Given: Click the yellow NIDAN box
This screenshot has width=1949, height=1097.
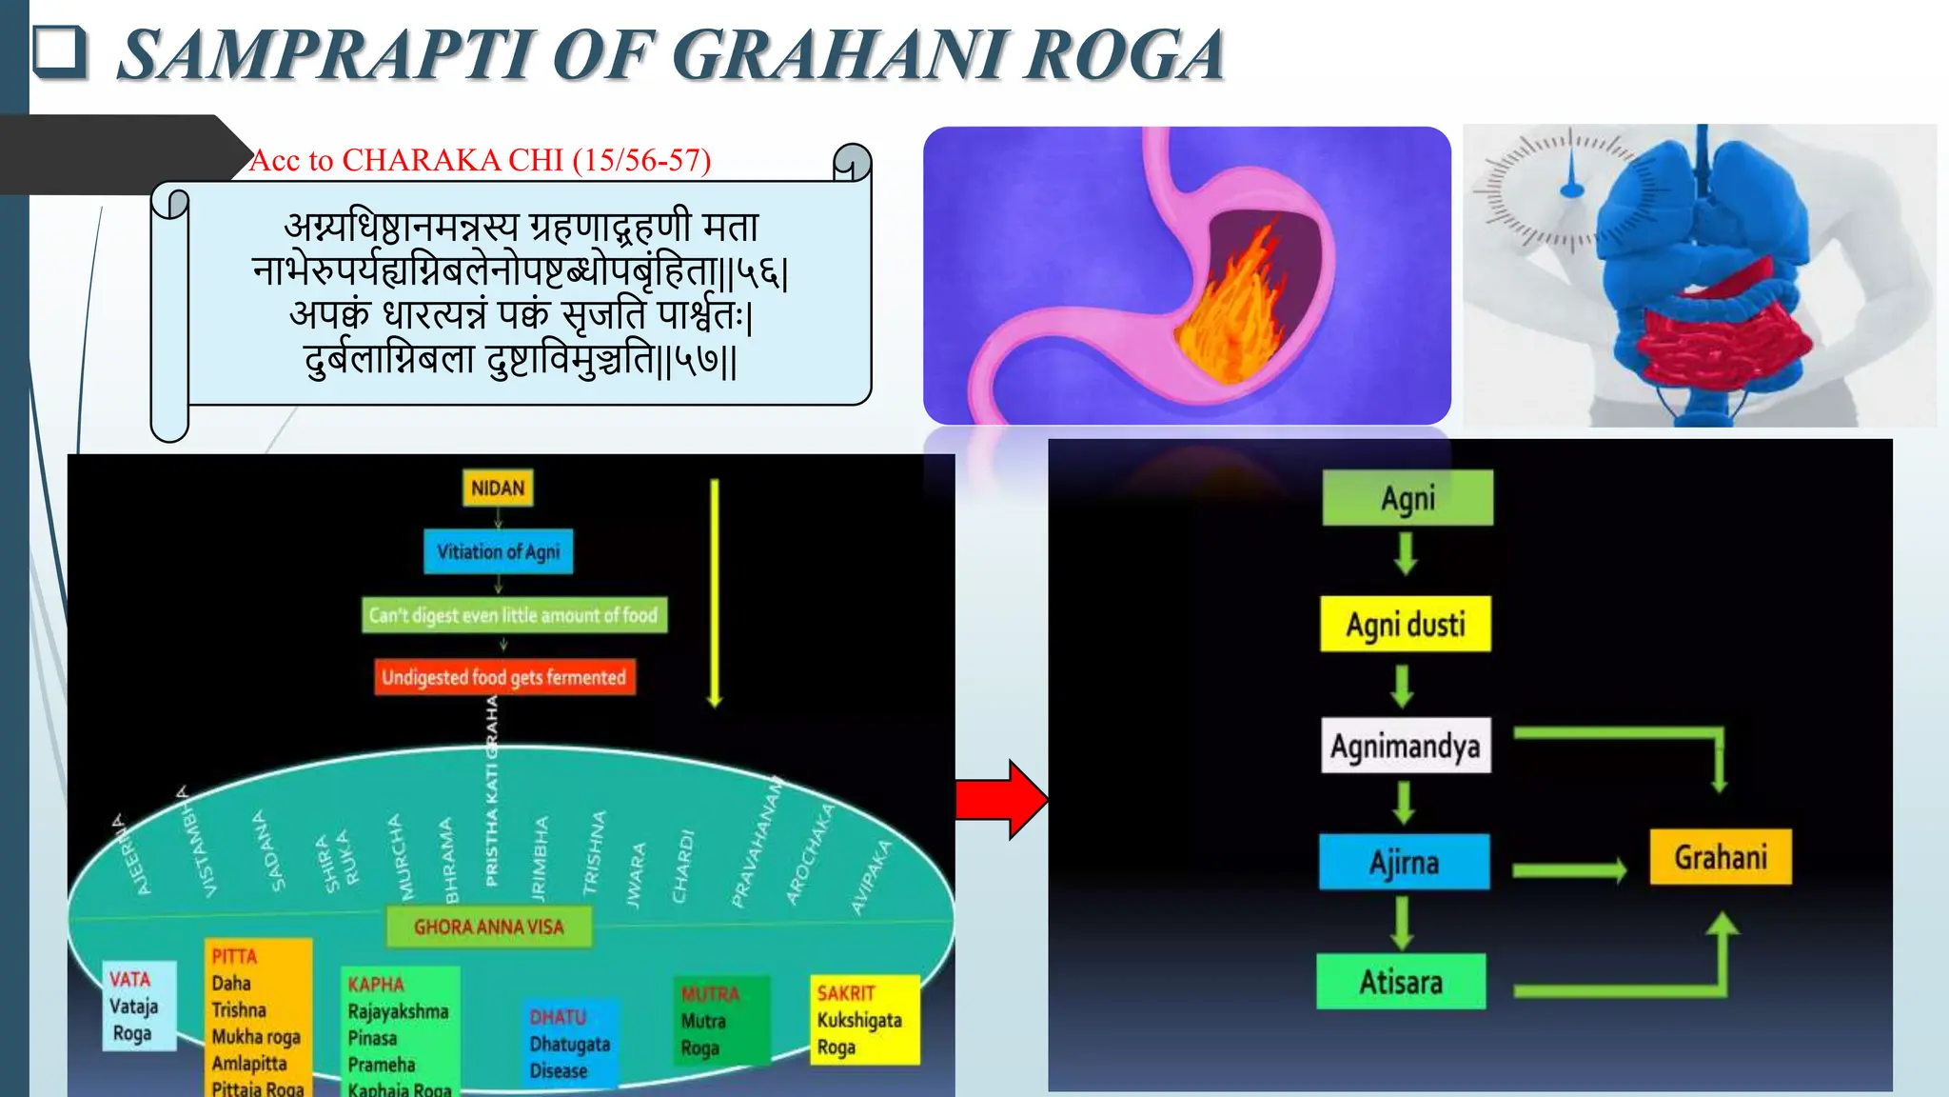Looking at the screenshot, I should tap(497, 488).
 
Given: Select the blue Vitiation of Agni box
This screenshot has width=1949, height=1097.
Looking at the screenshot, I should tap(498, 551).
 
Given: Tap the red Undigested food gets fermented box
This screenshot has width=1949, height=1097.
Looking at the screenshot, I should tap(503, 677).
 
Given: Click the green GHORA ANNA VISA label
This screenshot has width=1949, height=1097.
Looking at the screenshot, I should tap(488, 927).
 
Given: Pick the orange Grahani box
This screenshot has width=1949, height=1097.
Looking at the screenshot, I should tap(1720, 857).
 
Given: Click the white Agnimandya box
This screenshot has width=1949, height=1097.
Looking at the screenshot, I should tap(1405, 746).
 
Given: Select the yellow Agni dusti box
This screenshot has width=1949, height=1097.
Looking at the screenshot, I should tap(1405, 625).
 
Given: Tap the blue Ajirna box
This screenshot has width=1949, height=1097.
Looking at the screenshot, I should tap(1404, 862).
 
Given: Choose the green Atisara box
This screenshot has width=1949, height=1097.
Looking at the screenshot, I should tap(1400, 982).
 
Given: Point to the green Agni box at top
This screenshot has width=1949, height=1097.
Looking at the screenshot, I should tap(1408, 498).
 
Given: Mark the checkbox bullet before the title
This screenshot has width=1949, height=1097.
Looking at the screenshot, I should tap(59, 51).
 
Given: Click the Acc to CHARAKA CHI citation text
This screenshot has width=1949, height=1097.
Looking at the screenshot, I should tap(480, 160).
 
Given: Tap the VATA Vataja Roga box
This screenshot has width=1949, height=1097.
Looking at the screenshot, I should tap(139, 1006).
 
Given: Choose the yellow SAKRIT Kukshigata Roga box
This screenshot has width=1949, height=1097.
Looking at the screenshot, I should tap(863, 1019).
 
